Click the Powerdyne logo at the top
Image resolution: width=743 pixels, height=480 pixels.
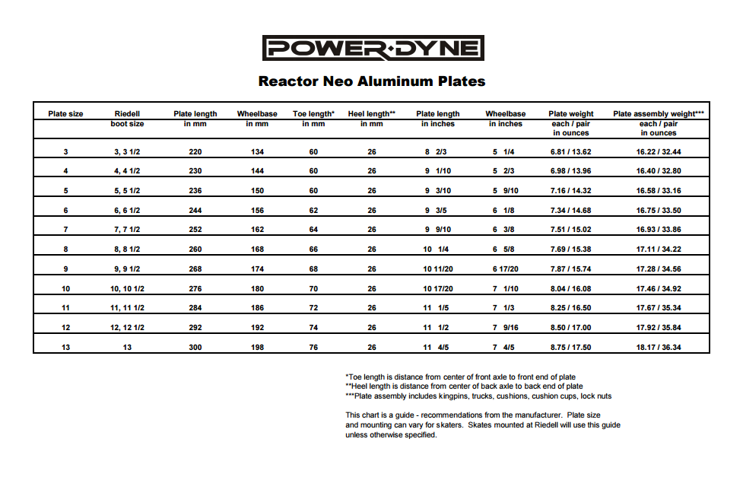point(373,49)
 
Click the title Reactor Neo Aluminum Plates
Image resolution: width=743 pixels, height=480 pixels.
point(372,81)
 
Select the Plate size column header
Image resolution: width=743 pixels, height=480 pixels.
point(66,114)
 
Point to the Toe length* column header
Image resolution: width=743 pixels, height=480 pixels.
point(313,119)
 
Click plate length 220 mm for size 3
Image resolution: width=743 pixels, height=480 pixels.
point(195,152)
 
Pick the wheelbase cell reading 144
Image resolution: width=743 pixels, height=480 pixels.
point(257,171)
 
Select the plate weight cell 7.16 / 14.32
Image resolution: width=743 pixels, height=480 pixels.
point(570,191)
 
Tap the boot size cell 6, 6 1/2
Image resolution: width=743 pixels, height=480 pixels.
point(127,211)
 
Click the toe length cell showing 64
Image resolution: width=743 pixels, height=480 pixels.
point(313,230)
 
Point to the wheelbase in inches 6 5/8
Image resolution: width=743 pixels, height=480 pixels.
point(506,250)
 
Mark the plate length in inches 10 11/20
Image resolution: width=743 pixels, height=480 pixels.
point(438,269)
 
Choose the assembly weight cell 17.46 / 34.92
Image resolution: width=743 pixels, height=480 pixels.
point(659,289)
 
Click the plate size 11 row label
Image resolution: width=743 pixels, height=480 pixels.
point(66,308)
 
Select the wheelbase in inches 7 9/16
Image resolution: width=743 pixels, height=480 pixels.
point(506,328)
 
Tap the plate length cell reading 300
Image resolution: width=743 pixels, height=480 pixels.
point(195,348)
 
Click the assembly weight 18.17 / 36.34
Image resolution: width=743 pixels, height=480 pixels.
point(659,348)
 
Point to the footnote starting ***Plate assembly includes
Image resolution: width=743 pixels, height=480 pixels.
point(478,396)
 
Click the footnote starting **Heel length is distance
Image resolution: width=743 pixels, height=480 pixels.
point(464,386)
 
